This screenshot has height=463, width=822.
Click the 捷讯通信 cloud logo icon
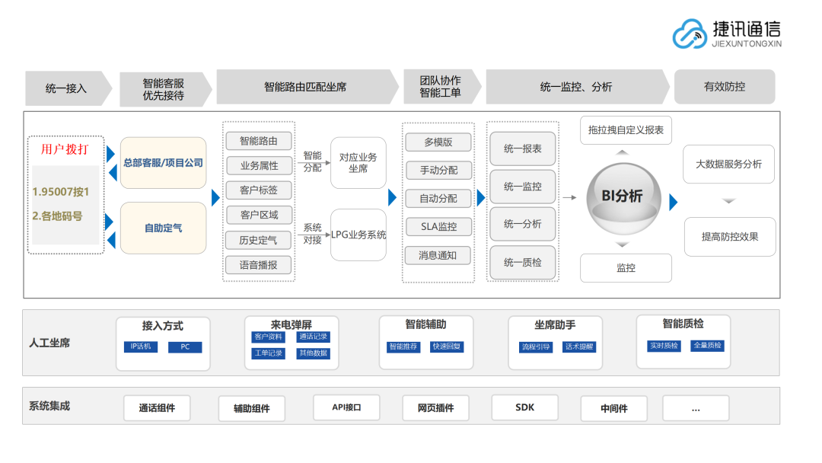point(690,34)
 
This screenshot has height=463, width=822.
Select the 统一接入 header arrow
point(67,88)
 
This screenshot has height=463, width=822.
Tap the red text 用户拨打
point(65,149)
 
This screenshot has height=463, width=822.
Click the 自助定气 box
point(163,228)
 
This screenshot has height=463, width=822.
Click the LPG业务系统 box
point(358,235)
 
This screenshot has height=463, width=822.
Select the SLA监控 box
point(438,226)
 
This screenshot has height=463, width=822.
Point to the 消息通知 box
point(438,255)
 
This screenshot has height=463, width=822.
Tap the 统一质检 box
point(522,263)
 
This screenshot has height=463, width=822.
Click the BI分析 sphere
point(622,196)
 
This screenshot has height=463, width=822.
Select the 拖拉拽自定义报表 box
point(626,130)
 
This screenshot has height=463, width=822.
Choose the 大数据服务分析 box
point(728,164)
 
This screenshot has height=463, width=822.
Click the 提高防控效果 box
point(728,237)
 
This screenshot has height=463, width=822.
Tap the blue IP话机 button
point(141,347)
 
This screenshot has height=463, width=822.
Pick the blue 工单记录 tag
point(268,353)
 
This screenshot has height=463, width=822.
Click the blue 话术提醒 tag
point(578,347)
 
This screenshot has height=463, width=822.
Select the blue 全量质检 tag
point(707,346)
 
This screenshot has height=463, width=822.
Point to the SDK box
point(525,407)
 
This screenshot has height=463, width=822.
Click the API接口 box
point(346,407)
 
